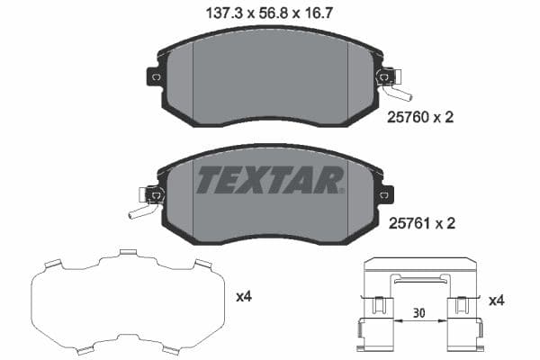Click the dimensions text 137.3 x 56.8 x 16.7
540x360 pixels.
[x=270, y=13]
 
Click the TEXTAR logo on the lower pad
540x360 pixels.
[x=270, y=181]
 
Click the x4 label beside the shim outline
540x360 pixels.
[x=243, y=296]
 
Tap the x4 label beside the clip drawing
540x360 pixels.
[x=496, y=300]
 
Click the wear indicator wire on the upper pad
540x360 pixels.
[x=396, y=90]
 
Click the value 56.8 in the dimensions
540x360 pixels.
[x=270, y=13]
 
